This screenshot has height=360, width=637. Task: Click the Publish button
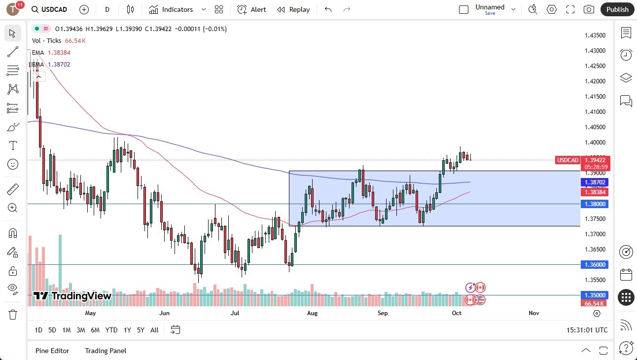click(617, 9)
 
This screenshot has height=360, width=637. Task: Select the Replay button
click(293, 9)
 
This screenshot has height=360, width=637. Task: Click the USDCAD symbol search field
click(49, 9)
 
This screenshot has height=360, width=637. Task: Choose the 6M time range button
click(95, 330)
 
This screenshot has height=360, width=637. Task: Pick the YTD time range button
click(111, 330)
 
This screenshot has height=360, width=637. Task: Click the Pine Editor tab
click(52, 351)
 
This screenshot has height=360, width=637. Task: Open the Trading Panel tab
click(106, 351)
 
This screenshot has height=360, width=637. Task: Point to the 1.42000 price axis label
click(595, 81)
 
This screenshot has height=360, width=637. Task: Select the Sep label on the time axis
click(383, 313)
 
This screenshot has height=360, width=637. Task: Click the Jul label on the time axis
click(235, 313)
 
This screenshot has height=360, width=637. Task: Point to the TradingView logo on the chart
click(72, 296)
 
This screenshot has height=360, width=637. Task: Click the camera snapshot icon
click(589, 9)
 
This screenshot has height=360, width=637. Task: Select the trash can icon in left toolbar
click(13, 315)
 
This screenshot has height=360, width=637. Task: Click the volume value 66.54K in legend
click(75, 41)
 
